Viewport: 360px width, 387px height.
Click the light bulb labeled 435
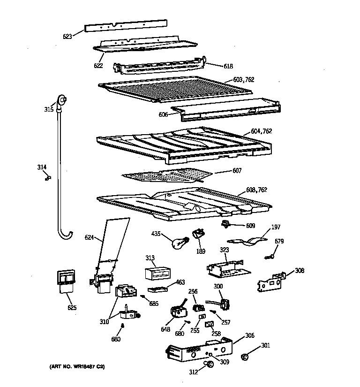tap(180, 243)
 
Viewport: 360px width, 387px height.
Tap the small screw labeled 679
tap(270, 256)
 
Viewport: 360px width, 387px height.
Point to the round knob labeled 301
tap(245, 358)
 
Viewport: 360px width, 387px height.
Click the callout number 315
tap(49, 109)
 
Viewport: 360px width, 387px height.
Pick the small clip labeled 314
tap(47, 177)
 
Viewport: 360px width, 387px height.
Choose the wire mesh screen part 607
tap(166, 175)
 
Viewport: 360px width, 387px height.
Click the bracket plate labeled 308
tap(271, 282)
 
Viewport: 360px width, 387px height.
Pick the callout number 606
tap(162, 114)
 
